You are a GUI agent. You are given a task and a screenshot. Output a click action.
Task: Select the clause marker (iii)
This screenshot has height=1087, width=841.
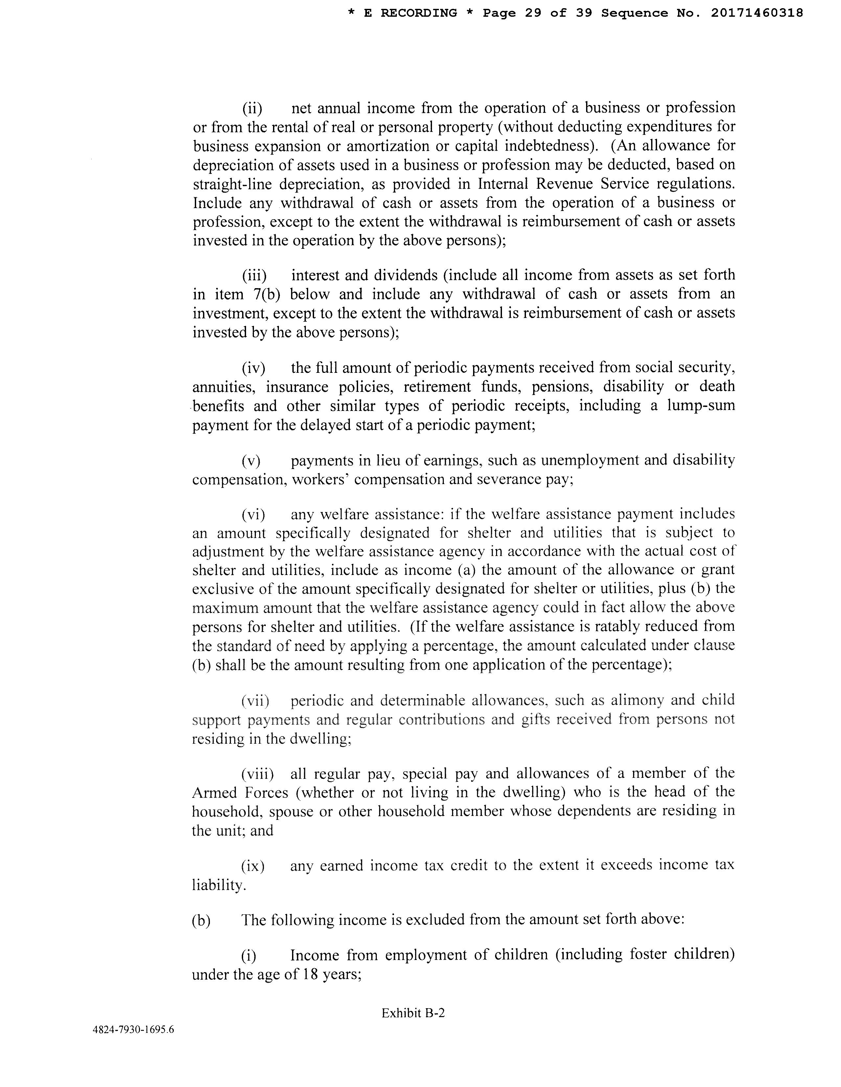click(254, 276)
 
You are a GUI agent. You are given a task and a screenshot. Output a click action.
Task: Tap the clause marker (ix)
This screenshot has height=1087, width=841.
click(253, 866)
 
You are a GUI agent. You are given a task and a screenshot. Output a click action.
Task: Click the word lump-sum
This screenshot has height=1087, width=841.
click(701, 406)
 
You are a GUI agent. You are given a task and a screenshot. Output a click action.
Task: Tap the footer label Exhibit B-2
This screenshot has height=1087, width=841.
click(413, 1013)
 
